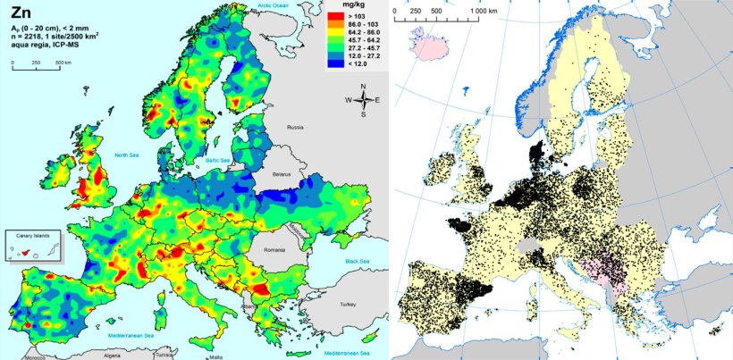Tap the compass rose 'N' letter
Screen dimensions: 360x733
363,87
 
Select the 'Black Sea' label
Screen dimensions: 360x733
355,261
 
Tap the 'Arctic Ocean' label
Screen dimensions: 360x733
275,6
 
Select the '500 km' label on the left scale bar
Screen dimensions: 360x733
63,62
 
